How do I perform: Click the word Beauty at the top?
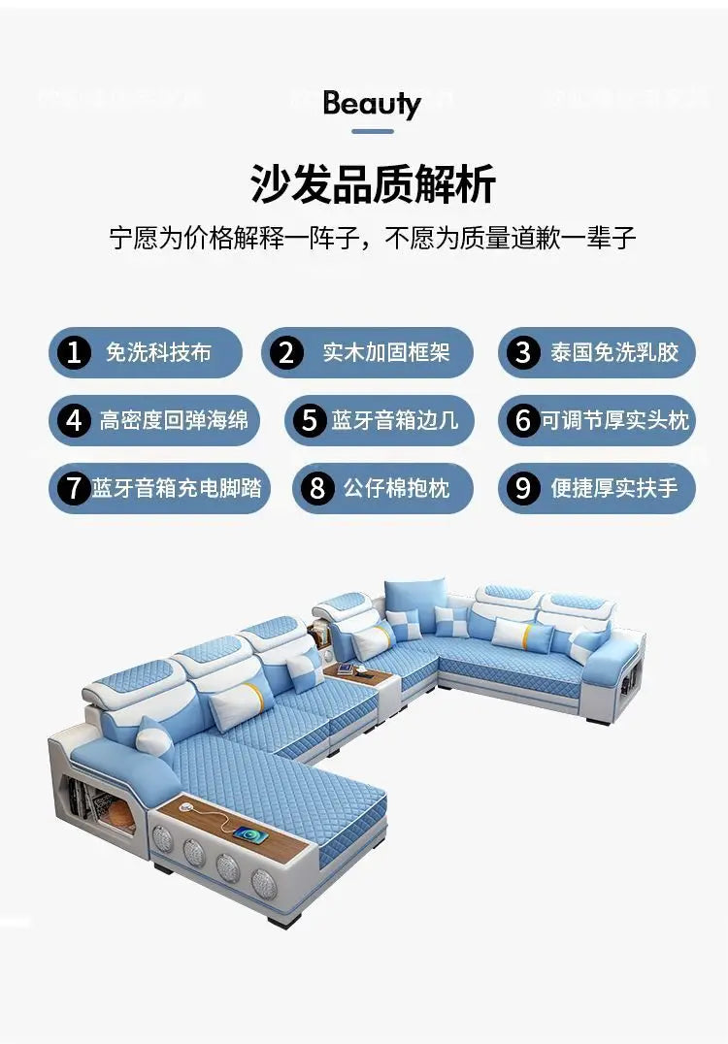(372, 104)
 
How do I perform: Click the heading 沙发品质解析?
(373, 184)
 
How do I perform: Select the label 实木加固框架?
(386, 352)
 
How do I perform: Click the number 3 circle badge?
(524, 352)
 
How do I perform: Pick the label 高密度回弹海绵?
(174, 420)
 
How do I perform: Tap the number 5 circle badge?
(310, 420)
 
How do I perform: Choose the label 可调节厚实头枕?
(614, 420)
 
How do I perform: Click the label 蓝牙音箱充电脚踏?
(177, 487)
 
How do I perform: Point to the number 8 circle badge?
(317, 488)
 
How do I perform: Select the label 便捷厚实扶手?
(614, 487)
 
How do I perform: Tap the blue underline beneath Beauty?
(372, 131)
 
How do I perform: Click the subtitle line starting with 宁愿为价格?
(373, 239)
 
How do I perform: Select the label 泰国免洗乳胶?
(614, 352)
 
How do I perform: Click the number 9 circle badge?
(524, 488)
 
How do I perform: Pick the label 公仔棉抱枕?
(396, 487)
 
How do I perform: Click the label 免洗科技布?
(158, 352)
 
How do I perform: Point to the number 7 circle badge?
(74, 488)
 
